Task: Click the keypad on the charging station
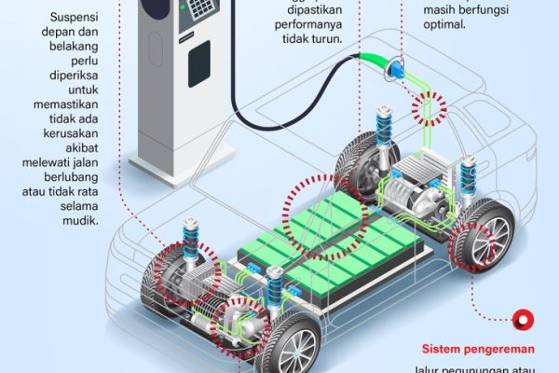pyautogui.click(x=200, y=11)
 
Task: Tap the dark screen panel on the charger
pyautogui.click(x=199, y=62)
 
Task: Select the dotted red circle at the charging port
pyautogui.click(x=430, y=110)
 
